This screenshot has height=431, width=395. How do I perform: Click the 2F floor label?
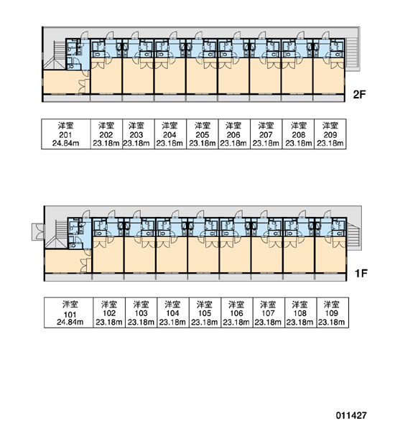coord(359,95)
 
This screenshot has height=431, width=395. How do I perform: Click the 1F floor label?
coord(361,273)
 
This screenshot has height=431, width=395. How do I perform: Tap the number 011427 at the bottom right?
coord(351,415)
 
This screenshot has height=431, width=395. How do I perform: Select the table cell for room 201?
coord(66,134)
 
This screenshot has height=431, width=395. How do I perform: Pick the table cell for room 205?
coord(203,134)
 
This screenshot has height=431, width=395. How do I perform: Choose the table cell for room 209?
coord(330,134)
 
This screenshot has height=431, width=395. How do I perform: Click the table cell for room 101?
coord(69,312)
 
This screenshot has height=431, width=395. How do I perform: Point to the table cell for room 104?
coord(173,312)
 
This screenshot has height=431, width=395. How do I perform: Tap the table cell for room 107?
coord(269,312)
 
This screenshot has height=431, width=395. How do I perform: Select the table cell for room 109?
coord(333,312)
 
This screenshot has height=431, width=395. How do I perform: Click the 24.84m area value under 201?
coord(65,143)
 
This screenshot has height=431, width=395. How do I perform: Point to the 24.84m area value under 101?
coord(70,322)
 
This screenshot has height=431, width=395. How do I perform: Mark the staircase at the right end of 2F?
coord(352,53)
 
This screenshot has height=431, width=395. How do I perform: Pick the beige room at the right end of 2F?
coord(328,76)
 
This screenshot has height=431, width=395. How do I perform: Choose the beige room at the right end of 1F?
coord(330,254)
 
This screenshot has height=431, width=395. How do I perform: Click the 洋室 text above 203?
coord(136,126)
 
